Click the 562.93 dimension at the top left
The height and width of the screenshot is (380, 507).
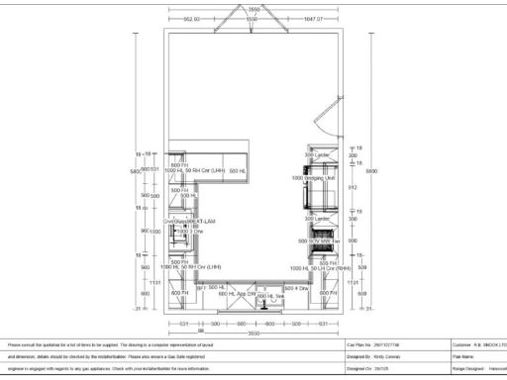(x=192, y=19)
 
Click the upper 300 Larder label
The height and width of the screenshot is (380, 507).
(x=317, y=155)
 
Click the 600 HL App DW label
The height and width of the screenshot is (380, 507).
(x=237, y=294)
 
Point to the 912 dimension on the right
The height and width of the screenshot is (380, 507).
(x=353, y=186)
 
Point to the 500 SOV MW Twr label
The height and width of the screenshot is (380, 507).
(x=324, y=240)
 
